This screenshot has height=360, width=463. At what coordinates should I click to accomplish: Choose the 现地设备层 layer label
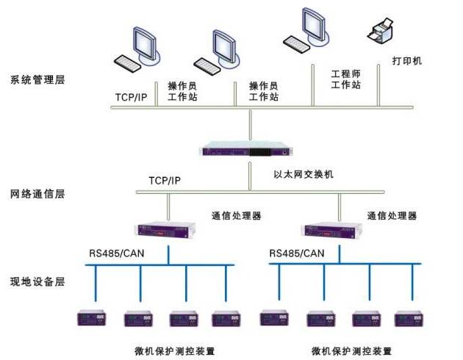click(x=37, y=281)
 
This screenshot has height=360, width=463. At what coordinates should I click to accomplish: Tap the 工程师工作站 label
click(x=346, y=80)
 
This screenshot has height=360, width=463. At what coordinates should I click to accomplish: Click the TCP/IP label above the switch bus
click(x=165, y=180)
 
